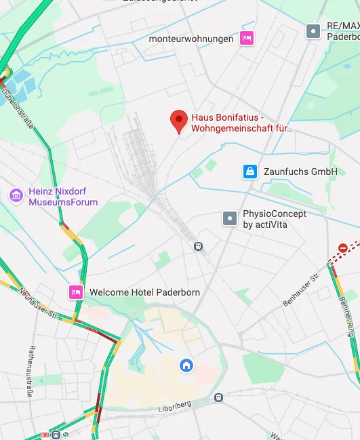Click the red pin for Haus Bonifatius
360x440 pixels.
(178, 121)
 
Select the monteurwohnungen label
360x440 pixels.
(191, 39)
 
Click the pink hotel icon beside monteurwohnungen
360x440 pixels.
(247, 38)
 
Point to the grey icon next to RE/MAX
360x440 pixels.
(313, 31)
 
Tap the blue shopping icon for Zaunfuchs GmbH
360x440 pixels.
(250, 172)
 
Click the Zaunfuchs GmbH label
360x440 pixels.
(300, 172)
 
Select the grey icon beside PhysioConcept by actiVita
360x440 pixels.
(231, 218)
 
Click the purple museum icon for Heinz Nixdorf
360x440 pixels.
(16, 196)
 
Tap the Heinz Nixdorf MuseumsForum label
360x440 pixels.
(63, 197)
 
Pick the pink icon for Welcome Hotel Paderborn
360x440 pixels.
(75, 292)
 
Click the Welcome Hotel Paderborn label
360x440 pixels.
(144, 292)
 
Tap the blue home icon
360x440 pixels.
(186, 366)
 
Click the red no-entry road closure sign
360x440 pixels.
(343, 248)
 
